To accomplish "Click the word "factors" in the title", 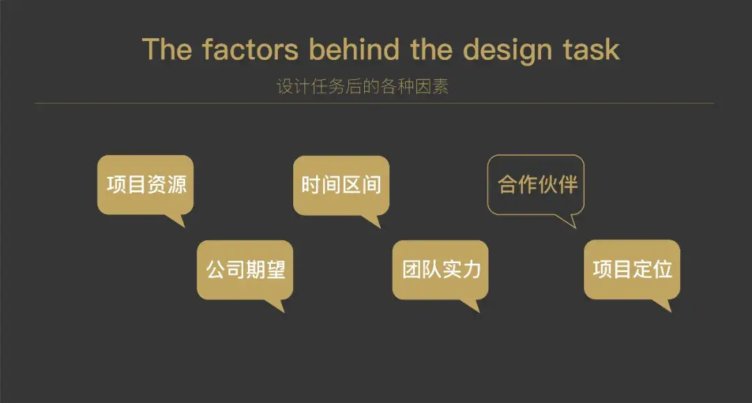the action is point(250,49).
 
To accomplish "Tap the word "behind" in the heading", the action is point(354,49).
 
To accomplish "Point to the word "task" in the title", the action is point(591,50).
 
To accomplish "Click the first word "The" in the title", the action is point(167,49).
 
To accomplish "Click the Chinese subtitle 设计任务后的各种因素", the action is point(363,86).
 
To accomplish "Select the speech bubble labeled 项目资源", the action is point(146,185).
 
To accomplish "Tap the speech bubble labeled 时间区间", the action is point(341,185).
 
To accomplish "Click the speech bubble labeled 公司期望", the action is point(245,270).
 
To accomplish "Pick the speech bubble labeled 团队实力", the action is point(440,270).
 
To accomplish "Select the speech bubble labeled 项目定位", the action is point(632,269).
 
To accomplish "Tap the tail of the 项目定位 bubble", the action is point(664,305).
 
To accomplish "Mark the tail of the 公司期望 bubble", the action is point(276,306).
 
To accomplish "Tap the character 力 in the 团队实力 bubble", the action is point(472,269).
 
